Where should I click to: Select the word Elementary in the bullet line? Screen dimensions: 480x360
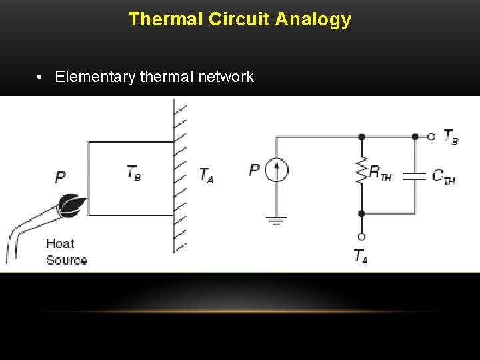tap(96, 77)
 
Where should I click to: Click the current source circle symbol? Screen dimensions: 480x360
tap(277, 171)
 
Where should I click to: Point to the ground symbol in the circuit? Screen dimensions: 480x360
tap(277, 219)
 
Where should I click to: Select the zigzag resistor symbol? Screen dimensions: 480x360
tap(362, 172)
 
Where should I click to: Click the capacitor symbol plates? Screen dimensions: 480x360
tap(415, 176)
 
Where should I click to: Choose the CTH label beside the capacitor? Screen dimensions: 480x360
tap(443, 177)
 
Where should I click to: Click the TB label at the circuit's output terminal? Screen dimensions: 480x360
tap(451, 137)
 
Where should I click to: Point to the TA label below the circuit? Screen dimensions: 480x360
tap(361, 256)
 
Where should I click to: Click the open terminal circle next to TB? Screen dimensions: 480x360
tap(431, 137)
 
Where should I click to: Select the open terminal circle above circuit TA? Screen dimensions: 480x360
tap(361, 236)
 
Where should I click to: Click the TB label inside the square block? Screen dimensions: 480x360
tap(133, 173)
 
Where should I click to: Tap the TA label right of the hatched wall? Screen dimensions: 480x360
tap(207, 175)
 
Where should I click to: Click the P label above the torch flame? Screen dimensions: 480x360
tap(61, 177)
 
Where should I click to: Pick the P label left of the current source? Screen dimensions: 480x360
tap(254, 170)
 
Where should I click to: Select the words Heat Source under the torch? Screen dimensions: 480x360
tap(67, 252)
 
